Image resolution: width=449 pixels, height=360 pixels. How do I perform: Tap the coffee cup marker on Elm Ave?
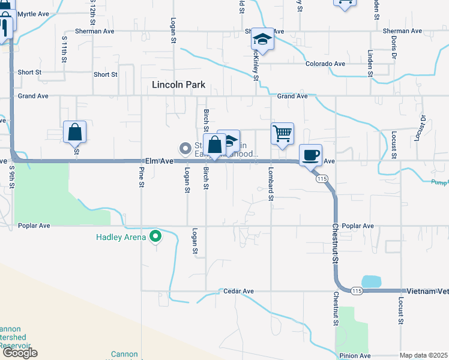pos(310,155)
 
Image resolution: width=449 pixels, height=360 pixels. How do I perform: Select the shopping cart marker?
pos(282,133)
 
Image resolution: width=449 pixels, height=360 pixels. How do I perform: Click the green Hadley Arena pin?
pos(155,237)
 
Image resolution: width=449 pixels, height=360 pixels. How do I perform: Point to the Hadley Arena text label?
pos(121,237)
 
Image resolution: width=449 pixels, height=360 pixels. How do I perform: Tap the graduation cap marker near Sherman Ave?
pos(262,39)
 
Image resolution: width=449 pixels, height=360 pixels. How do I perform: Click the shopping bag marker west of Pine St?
pos(75,132)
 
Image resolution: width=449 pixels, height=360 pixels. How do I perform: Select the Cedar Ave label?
pos(240,291)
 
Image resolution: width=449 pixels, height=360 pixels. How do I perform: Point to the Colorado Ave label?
pos(325,64)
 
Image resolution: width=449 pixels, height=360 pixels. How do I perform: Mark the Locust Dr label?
pos(423,127)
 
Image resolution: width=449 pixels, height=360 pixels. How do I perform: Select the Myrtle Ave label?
pos(33,13)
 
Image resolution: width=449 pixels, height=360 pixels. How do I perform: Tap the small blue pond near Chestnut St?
pos(371,281)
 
